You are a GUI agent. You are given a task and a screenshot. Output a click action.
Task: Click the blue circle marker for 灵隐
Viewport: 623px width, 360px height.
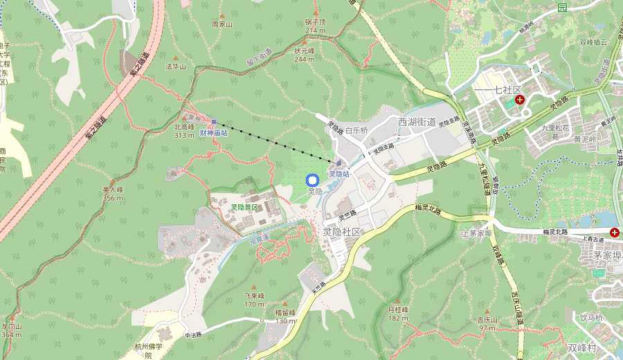[311, 180]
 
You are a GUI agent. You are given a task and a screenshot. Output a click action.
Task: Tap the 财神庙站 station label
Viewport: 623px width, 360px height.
[214, 132]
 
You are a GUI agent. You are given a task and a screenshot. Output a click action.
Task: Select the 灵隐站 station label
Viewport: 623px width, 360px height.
[338, 174]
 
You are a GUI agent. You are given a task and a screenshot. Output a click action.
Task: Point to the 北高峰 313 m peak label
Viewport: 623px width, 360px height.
[184, 131]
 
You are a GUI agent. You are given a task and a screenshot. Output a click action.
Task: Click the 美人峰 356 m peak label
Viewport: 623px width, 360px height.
[112, 193]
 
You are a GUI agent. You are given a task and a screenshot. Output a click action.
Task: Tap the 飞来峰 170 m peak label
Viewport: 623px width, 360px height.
[254, 299]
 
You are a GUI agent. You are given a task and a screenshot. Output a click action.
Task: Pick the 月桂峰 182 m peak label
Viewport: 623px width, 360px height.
[398, 313]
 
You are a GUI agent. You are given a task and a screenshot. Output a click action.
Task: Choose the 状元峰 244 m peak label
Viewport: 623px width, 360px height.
[304, 55]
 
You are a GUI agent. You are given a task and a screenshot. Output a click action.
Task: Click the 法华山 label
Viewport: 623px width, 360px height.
[176, 66]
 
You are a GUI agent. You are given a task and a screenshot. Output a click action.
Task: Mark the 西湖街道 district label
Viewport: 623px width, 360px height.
[417, 122]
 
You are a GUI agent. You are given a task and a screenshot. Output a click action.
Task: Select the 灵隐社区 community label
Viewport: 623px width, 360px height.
[342, 232]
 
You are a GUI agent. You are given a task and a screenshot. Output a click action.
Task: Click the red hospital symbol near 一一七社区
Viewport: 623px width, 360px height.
[520, 100]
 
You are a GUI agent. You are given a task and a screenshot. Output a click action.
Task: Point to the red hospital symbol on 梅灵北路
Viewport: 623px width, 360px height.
[615, 231]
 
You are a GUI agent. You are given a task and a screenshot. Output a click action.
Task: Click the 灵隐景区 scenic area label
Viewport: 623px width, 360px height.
[244, 207]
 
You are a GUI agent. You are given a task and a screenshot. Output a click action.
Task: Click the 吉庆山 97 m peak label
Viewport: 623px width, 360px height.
[487, 323]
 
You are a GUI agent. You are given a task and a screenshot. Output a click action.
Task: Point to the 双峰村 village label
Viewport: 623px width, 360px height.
[581, 348]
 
